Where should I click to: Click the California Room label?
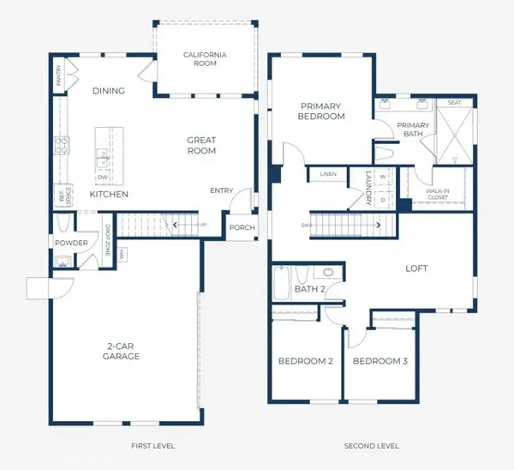click(x=206, y=59)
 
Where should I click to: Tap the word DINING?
click(x=109, y=91)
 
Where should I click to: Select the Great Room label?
click(x=202, y=145)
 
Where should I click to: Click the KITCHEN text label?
click(x=109, y=195)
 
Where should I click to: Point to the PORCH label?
click(x=241, y=228)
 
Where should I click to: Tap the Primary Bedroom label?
click(x=321, y=111)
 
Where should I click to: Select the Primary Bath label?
click(x=412, y=130)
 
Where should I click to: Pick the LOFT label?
click(x=416, y=268)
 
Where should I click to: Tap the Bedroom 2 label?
click(x=305, y=361)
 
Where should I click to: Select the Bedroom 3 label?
click(x=380, y=361)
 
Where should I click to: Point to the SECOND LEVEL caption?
click(x=371, y=447)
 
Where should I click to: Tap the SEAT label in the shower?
click(x=454, y=103)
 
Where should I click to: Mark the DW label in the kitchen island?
click(x=102, y=178)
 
